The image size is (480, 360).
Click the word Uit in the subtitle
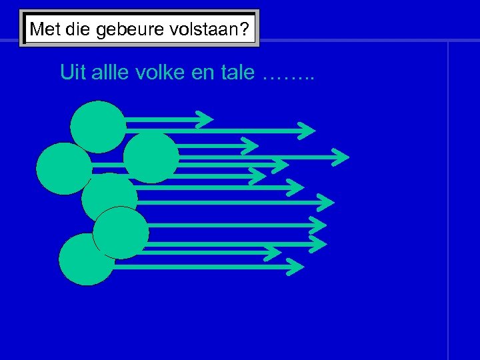pos(73,72)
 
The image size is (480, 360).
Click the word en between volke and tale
pos(204,72)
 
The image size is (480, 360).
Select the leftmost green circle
pos(63,168)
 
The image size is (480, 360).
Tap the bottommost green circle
pos(87,259)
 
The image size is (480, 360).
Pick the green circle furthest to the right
pos(151,157)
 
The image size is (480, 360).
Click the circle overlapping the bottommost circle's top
pos(121,233)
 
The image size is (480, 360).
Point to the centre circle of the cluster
pos(109,198)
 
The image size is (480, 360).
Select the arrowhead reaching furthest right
pos(341,157)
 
